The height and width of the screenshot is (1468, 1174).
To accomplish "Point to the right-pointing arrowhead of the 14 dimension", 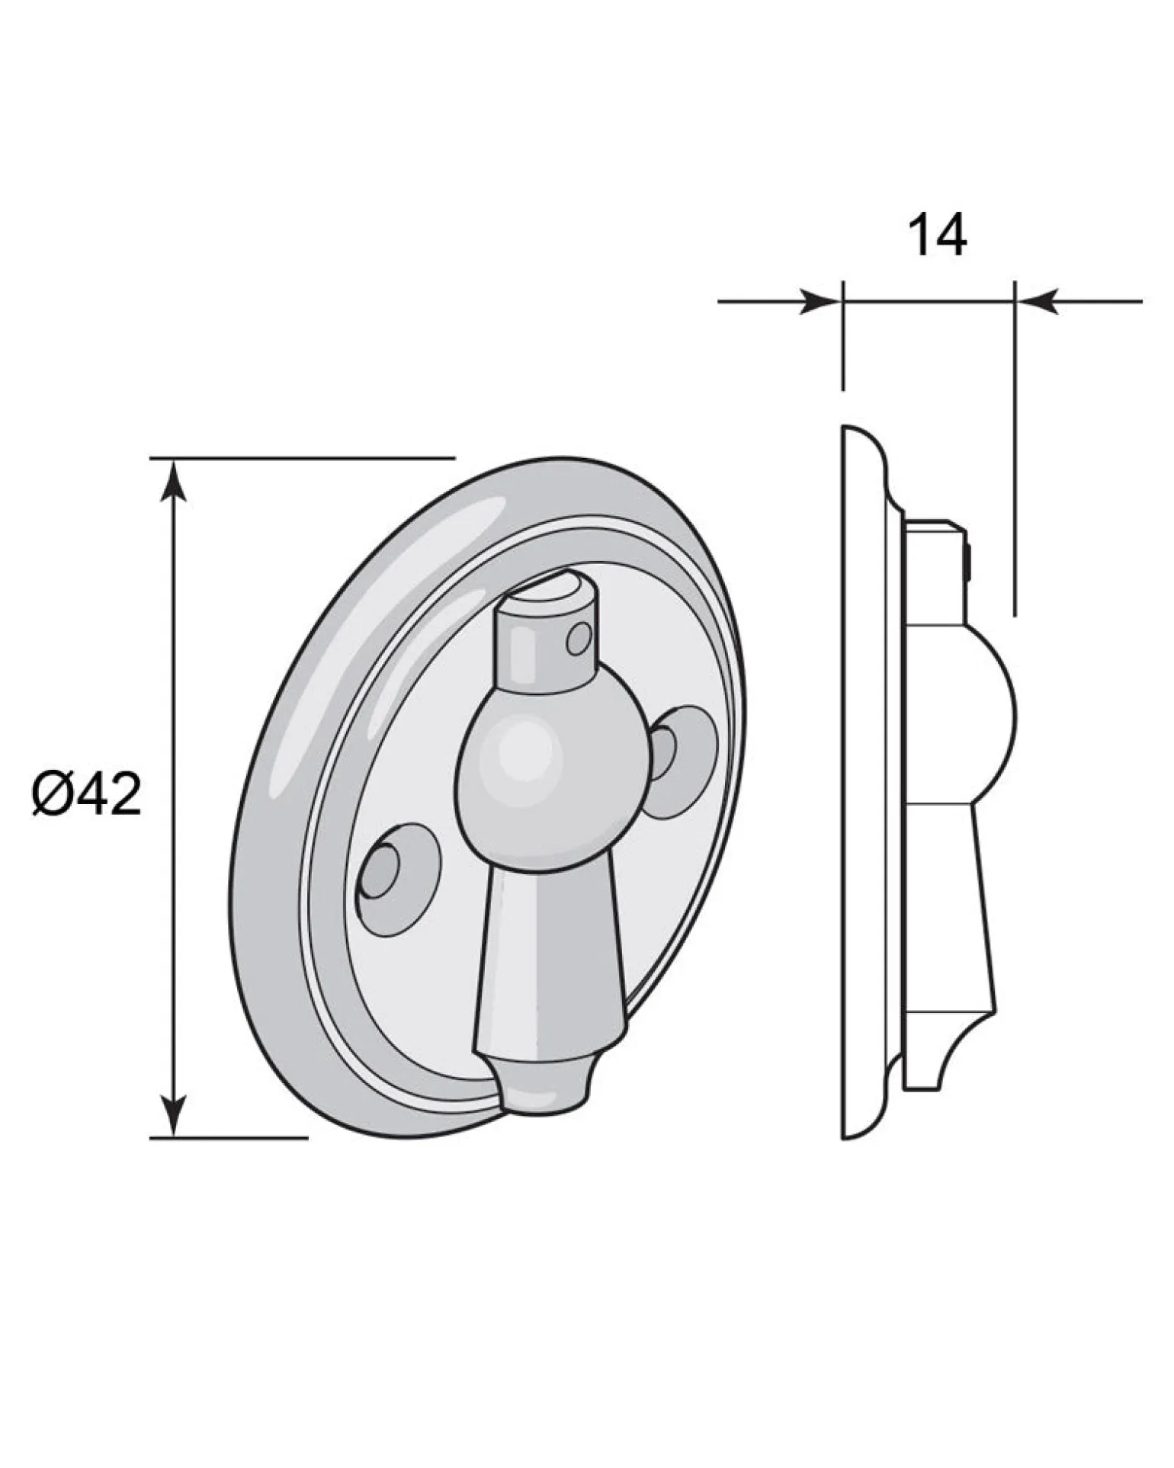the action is [x=820, y=302].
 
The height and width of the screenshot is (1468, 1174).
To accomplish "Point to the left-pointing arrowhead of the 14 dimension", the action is [x=1038, y=302].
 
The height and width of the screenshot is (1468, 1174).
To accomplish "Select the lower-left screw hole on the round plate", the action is [x=398, y=880].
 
